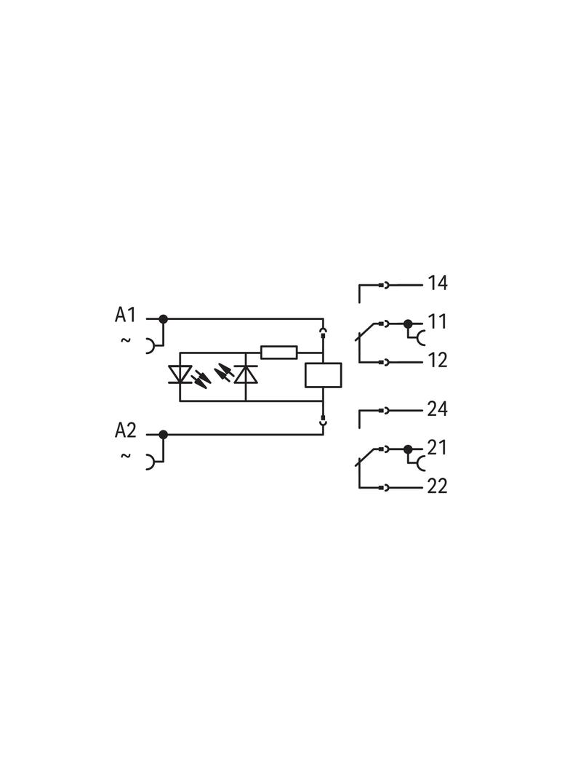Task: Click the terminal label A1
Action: [125, 314]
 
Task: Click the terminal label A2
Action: [125, 430]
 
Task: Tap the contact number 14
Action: [438, 284]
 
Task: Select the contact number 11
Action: [438, 322]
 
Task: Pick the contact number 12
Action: [438, 361]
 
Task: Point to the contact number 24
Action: [438, 409]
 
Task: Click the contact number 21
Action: [437, 448]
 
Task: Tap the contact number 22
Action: [438, 486]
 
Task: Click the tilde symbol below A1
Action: [126, 340]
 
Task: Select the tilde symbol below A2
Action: [126, 456]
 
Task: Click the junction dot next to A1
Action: [163, 319]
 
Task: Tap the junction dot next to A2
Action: [163, 435]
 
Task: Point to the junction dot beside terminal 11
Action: [408, 324]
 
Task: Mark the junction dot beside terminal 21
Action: [408, 449]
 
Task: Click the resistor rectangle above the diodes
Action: [279, 353]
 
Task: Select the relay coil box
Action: [324, 375]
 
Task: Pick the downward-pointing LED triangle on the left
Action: [180, 374]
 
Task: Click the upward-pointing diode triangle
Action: [246, 374]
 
